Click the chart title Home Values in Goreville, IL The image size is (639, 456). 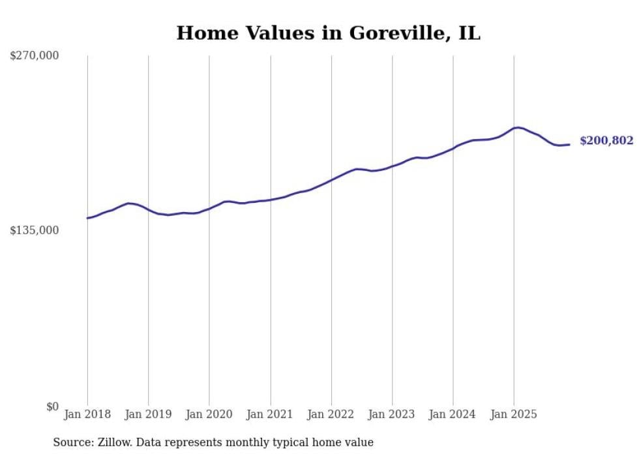tap(328, 33)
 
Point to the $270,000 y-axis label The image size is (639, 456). tap(34, 56)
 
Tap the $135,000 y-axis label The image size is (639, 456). tap(34, 230)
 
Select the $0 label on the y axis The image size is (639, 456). tap(52, 406)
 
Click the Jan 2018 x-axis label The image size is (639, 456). tap(87, 414)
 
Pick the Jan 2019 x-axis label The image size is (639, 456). tap(148, 414)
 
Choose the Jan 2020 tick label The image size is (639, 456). tap(209, 414)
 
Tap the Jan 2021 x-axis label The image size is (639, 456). tap(270, 414)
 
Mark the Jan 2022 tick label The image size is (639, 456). tap(331, 414)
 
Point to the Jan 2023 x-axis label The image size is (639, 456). tap(392, 414)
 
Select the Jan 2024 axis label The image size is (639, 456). tap(453, 414)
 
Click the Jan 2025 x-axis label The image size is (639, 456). tap(514, 414)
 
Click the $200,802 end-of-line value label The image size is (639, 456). tap(606, 141)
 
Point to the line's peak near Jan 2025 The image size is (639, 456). tap(517, 128)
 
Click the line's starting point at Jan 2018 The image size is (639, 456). tap(87, 218)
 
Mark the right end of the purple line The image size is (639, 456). tap(569, 144)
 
